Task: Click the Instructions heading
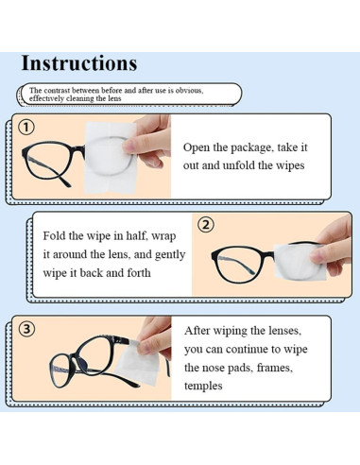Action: [78, 63]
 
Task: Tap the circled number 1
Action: [26, 128]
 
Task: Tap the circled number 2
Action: [206, 225]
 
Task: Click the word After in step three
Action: [202, 332]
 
